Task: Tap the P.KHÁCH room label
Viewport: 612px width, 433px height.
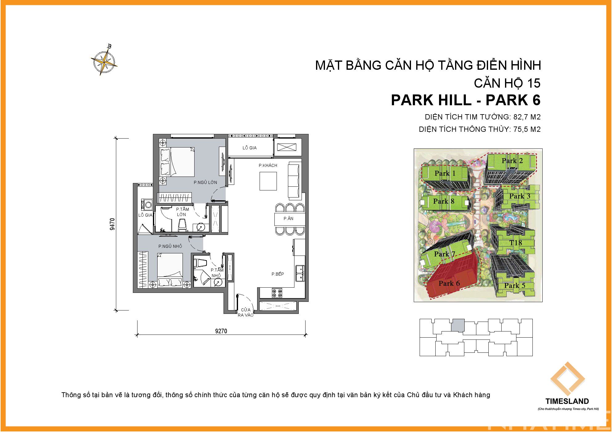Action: [268, 165]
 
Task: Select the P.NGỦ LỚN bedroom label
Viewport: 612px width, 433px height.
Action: [205, 182]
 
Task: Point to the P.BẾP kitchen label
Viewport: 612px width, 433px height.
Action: [277, 274]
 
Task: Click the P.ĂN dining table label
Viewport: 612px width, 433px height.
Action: [288, 219]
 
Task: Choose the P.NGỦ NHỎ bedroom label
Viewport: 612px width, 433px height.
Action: [170, 246]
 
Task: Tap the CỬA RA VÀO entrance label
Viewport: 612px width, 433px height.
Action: [245, 312]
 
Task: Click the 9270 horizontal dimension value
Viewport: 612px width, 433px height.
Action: [221, 331]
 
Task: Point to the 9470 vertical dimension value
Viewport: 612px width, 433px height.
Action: [112, 224]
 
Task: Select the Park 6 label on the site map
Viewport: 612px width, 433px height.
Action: [449, 283]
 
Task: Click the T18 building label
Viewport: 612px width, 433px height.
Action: [515, 243]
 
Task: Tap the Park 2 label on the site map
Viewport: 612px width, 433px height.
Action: [512, 160]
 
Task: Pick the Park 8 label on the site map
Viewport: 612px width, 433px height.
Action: [443, 201]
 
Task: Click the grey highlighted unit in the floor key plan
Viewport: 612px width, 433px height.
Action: [458, 325]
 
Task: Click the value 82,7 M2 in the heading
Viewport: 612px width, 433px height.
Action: [527, 117]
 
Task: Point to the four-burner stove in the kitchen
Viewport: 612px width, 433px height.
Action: [277, 293]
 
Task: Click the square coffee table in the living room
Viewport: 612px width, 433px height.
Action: [268, 181]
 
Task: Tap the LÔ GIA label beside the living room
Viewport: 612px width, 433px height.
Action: [249, 148]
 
